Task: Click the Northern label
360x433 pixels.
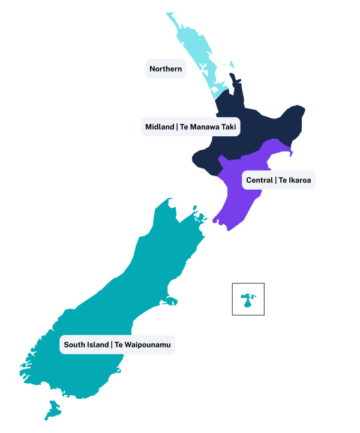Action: pos(166,69)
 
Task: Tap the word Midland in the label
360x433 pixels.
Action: pos(159,127)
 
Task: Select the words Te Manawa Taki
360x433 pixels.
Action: pos(209,127)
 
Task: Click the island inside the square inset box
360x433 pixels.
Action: pos(247,301)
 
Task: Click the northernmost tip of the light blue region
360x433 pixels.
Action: pos(168,14)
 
